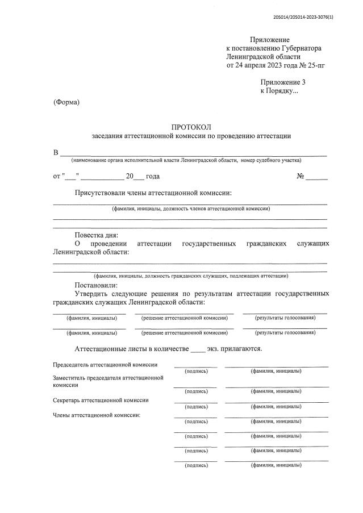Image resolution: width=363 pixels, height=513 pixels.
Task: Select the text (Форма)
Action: [66, 102]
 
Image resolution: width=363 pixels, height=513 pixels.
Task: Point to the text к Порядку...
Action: [278, 91]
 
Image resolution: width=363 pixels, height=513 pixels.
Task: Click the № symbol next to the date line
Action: [301, 177]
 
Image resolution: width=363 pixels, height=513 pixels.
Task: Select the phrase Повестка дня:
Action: [97, 235]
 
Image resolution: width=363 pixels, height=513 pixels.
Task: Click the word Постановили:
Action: [96, 285]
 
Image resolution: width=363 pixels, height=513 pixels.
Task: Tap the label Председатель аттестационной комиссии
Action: [105, 365]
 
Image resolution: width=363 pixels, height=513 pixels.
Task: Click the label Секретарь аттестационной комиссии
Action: [101, 400]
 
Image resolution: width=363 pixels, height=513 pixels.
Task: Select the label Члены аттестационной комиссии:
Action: [97, 415]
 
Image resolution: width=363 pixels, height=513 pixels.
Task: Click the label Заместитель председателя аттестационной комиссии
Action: [108, 381]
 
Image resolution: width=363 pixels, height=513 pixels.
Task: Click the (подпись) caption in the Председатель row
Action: [197, 371]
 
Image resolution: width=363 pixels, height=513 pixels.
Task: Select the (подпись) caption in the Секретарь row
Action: [197, 406]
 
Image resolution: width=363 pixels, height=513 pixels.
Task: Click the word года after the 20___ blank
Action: [153, 177]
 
